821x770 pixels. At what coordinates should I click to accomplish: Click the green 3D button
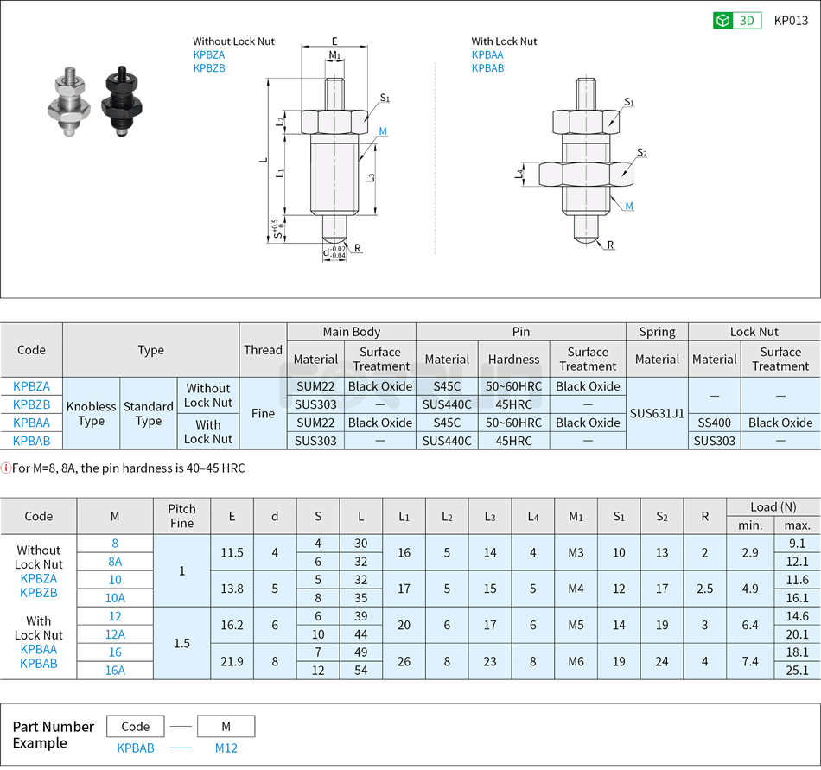[736, 21]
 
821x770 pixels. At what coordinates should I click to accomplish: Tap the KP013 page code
[790, 21]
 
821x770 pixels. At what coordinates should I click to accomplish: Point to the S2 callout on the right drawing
[641, 153]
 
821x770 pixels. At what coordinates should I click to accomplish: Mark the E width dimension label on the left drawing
[334, 41]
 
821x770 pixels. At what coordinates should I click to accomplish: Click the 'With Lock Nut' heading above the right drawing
[504, 41]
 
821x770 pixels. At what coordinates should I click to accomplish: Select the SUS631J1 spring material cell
[657, 413]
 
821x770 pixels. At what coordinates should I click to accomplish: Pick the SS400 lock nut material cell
[715, 423]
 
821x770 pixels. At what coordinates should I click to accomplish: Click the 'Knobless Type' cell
[92, 413]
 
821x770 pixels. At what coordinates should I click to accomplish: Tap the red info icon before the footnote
[6, 468]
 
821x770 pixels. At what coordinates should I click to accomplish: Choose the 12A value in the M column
[115, 633]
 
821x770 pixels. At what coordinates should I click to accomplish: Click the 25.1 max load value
[797, 670]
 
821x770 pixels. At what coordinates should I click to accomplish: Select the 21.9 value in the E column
[232, 661]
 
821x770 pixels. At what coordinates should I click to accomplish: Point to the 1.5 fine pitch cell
[181, 643]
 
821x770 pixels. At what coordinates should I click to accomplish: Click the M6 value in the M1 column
[576, 661]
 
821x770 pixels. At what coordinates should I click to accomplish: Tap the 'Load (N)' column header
[773, 507]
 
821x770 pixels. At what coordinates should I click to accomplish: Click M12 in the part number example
[226, 748]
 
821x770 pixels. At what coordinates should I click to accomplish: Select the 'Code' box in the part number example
[136, 726]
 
